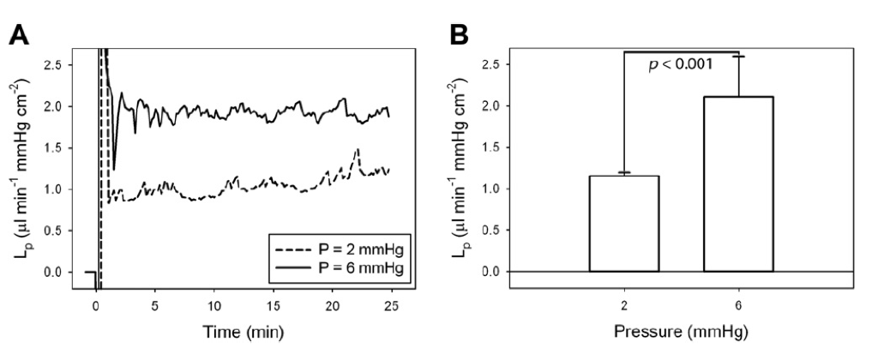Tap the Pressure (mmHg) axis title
pyautogui.click(x=681, y=332)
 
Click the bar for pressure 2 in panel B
pyautogui.click(x=624, y=224)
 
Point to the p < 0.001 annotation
pyautogui.click(x=680, y=65)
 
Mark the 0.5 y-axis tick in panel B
pyautogui.click(x=493, y=231)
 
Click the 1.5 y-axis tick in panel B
pyautogui.click(x=493, y=147)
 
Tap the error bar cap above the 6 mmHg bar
pyautogui.click(x=738, y=56)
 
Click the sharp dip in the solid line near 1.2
pyautogui.click(x=114, y=169)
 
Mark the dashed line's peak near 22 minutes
pyautogui.click(x=357, y=149)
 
